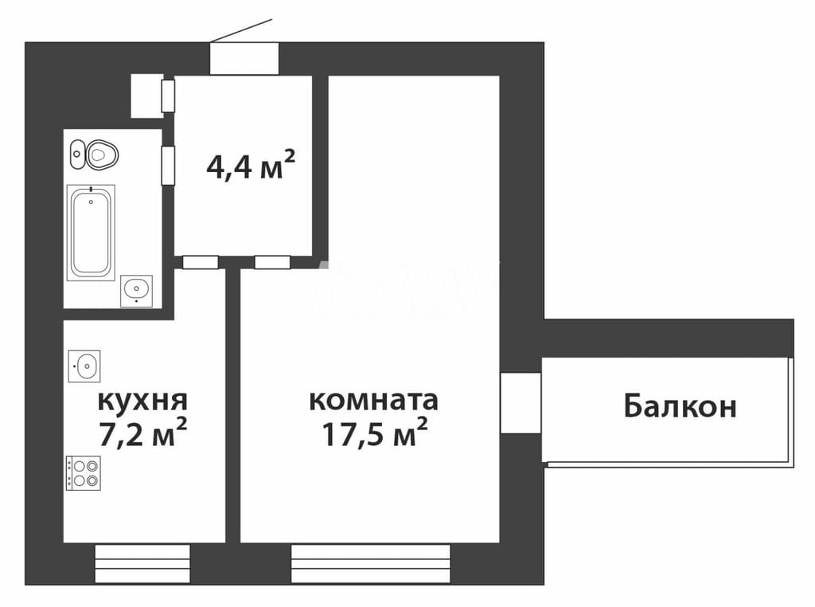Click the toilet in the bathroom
(103, 155)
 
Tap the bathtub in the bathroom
(91, 233)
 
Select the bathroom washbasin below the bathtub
(136, 291)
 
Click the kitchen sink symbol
(84, 366)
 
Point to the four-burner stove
(83, 473)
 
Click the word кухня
(142, 401)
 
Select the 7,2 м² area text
(142, 434)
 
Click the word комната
(374, 401)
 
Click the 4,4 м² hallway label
(251, 166)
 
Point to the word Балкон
(680, 406)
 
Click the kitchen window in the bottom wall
(142, 564)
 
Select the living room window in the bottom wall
(371, 564)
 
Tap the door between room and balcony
(521, 402)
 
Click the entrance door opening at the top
(244, 58)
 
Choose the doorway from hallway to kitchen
(200, 262)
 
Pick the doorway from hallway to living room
(272, 262)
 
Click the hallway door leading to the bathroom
(168, 166)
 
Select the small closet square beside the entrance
(146, 96)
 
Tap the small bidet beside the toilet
(77, 154)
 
